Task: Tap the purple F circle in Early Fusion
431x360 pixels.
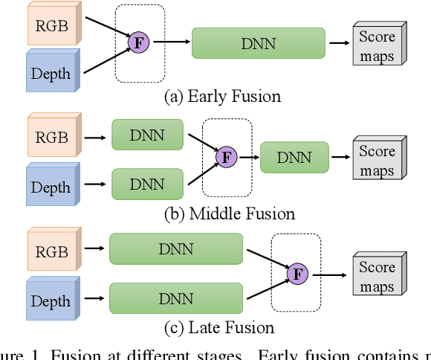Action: click(138, 42)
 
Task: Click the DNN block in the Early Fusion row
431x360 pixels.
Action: click(258, 43)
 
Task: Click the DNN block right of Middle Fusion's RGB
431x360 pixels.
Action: click(148, 136)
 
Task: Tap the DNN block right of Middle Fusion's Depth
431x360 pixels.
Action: click(148, 183)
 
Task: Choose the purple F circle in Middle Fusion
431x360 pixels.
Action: click(225, 157)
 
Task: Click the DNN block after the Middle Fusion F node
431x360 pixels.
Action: click(294, 157)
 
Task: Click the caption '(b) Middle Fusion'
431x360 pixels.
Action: click(230, 214)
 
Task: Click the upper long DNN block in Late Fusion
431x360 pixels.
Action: click(176, 249)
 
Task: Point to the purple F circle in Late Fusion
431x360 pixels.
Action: click(297, 274)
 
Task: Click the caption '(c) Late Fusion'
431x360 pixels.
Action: click(221, 327)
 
